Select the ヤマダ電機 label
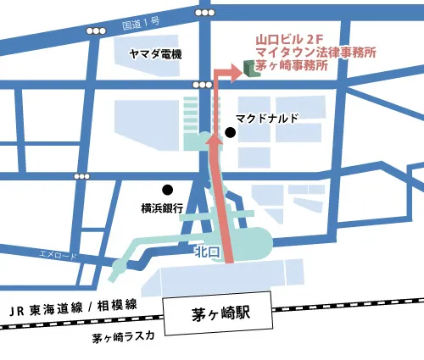click(156, 53)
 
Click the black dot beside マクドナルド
click(230, 132)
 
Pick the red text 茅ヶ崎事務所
click(292, 65)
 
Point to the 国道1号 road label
click(147, 14)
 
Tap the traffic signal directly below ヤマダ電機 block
click(203, 86)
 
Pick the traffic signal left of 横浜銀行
click(82, 176)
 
